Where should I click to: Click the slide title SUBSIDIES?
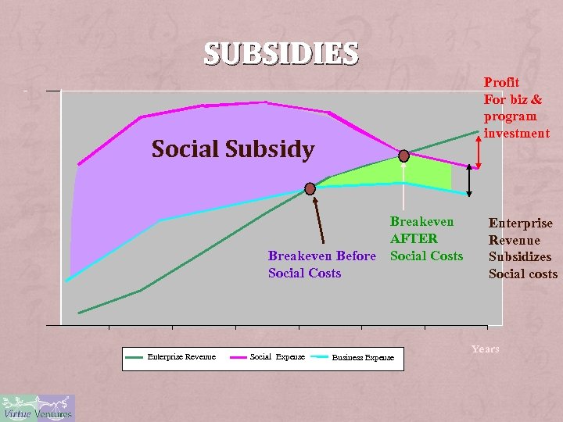281,53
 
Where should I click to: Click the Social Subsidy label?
232,148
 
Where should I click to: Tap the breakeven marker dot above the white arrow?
404,155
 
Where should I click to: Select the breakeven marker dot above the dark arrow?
310,188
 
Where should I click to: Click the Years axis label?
485,349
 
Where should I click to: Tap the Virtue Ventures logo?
37,408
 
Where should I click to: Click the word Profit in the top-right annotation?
501,82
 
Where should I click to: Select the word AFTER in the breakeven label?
414,238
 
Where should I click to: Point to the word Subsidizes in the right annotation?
519,256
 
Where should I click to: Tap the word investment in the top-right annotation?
517,134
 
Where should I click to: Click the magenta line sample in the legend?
238,356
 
